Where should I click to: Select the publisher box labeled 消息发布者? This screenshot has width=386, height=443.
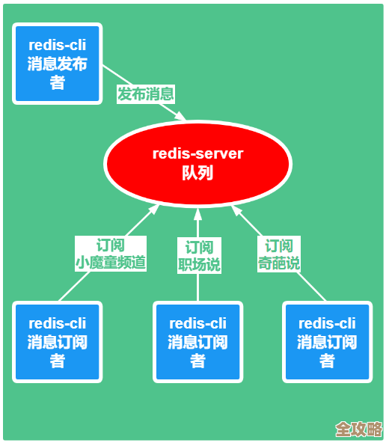(x=58, y=64)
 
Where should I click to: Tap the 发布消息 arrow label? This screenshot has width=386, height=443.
(x=145, y=94)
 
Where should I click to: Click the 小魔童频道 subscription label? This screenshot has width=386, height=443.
(x=110, y=254)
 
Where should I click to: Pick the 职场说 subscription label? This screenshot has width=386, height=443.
(x=199, y=256)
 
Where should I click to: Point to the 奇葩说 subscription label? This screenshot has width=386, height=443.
(x=279, y=254)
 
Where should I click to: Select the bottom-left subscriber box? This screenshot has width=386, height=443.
(x=58, y=342)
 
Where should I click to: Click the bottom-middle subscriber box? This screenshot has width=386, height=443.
(x=197, y=342)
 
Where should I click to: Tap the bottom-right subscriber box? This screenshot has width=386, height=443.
(x=327, y=342)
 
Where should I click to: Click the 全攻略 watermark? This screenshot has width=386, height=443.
(x=358, y=429)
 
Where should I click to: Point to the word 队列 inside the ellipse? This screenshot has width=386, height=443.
(x=197, y=173)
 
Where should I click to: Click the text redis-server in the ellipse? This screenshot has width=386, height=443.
(x=197, y=153)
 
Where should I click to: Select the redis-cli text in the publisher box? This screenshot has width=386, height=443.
(x=58, y=46)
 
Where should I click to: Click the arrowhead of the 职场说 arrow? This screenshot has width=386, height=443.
(x=198, y=212)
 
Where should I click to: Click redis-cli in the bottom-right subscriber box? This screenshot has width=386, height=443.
(x=327, y=323)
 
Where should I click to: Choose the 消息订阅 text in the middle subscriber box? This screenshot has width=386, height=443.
(x=197, y=343)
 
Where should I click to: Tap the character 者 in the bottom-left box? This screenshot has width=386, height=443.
(x=58, y=361)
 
